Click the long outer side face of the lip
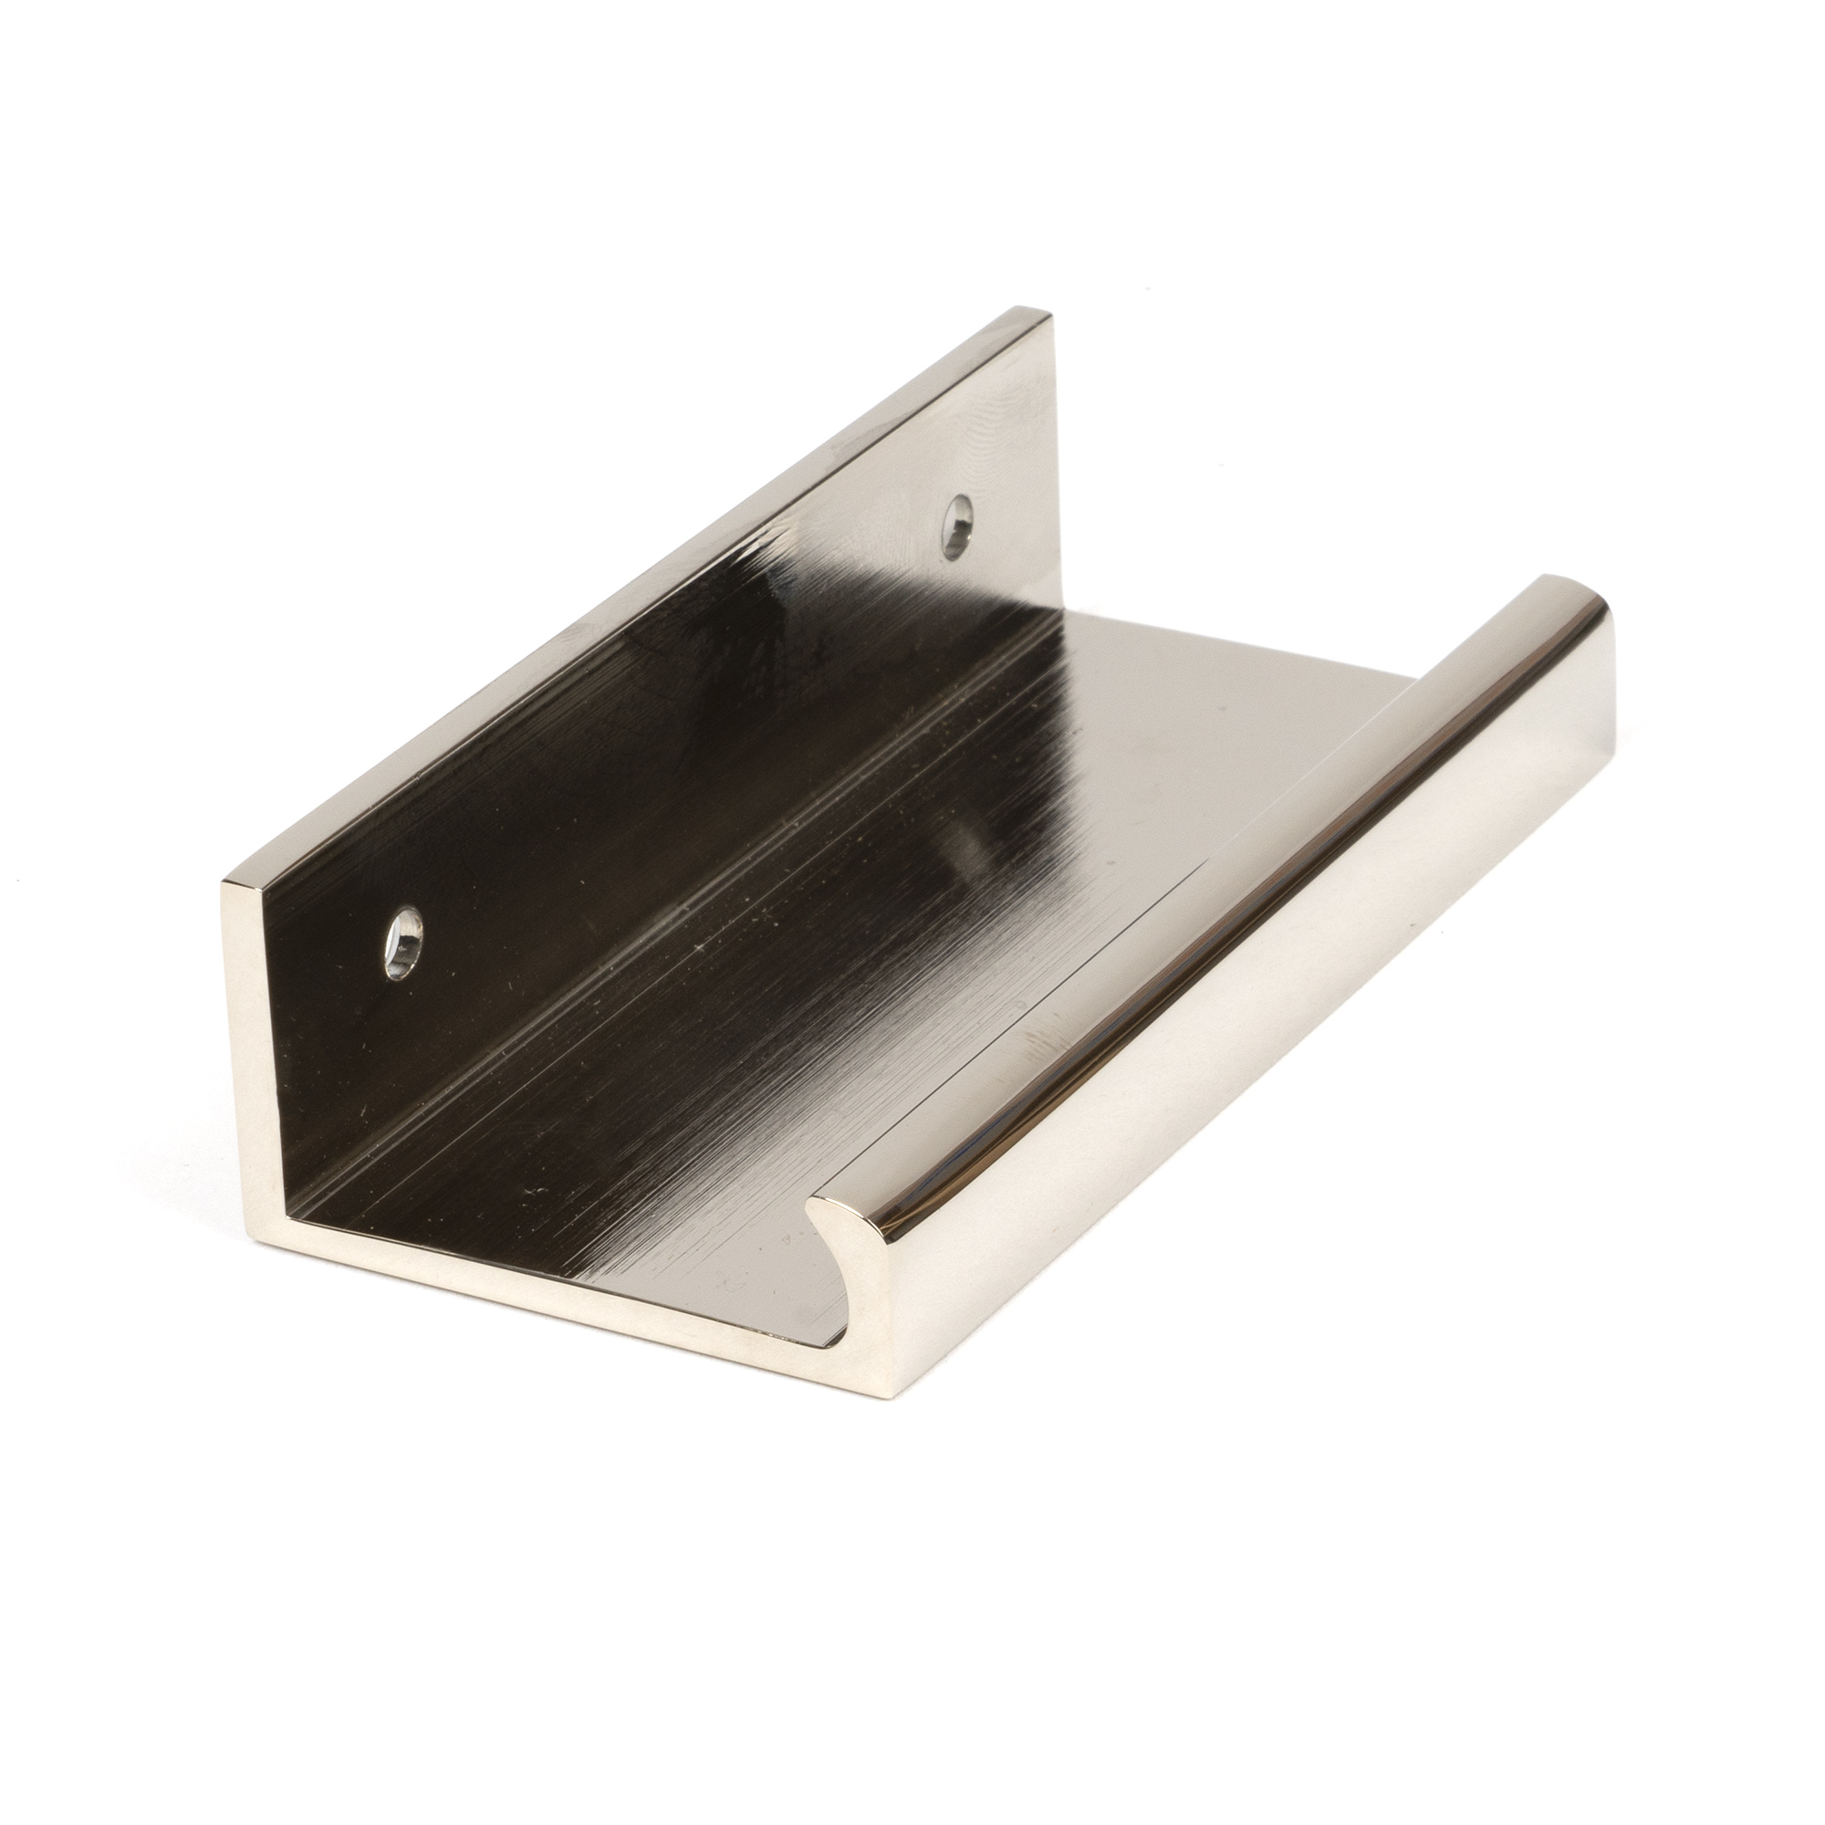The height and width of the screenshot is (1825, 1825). [x=1276, y=1068]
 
